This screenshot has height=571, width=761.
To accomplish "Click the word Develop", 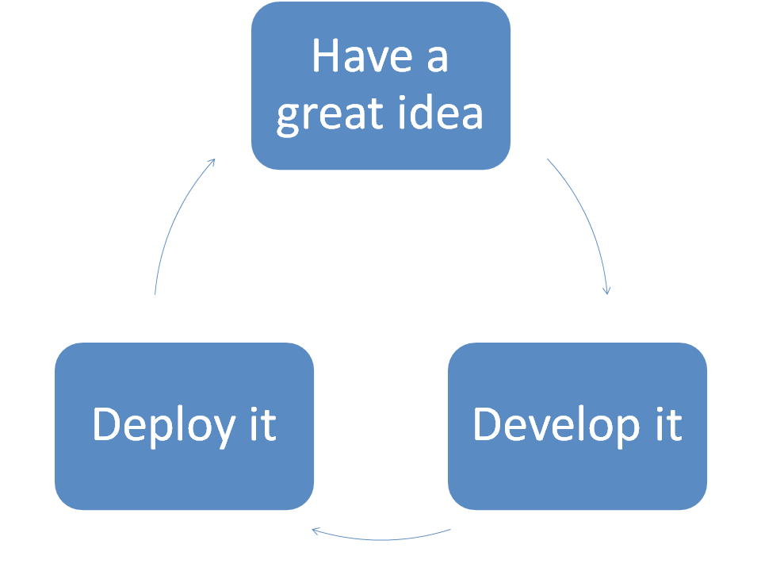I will click(556, 424).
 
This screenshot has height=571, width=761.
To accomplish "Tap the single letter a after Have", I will click(437, 58).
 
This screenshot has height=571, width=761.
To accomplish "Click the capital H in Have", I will click(326, 56).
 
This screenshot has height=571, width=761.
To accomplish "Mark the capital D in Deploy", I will click(109, 424).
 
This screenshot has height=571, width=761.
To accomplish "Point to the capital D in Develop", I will click(489, 424).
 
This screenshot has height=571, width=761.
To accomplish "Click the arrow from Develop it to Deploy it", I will click(380, 538).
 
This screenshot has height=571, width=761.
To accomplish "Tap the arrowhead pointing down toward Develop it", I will click(607, 289).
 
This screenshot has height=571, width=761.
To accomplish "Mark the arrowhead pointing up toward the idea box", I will click(212, 163).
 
